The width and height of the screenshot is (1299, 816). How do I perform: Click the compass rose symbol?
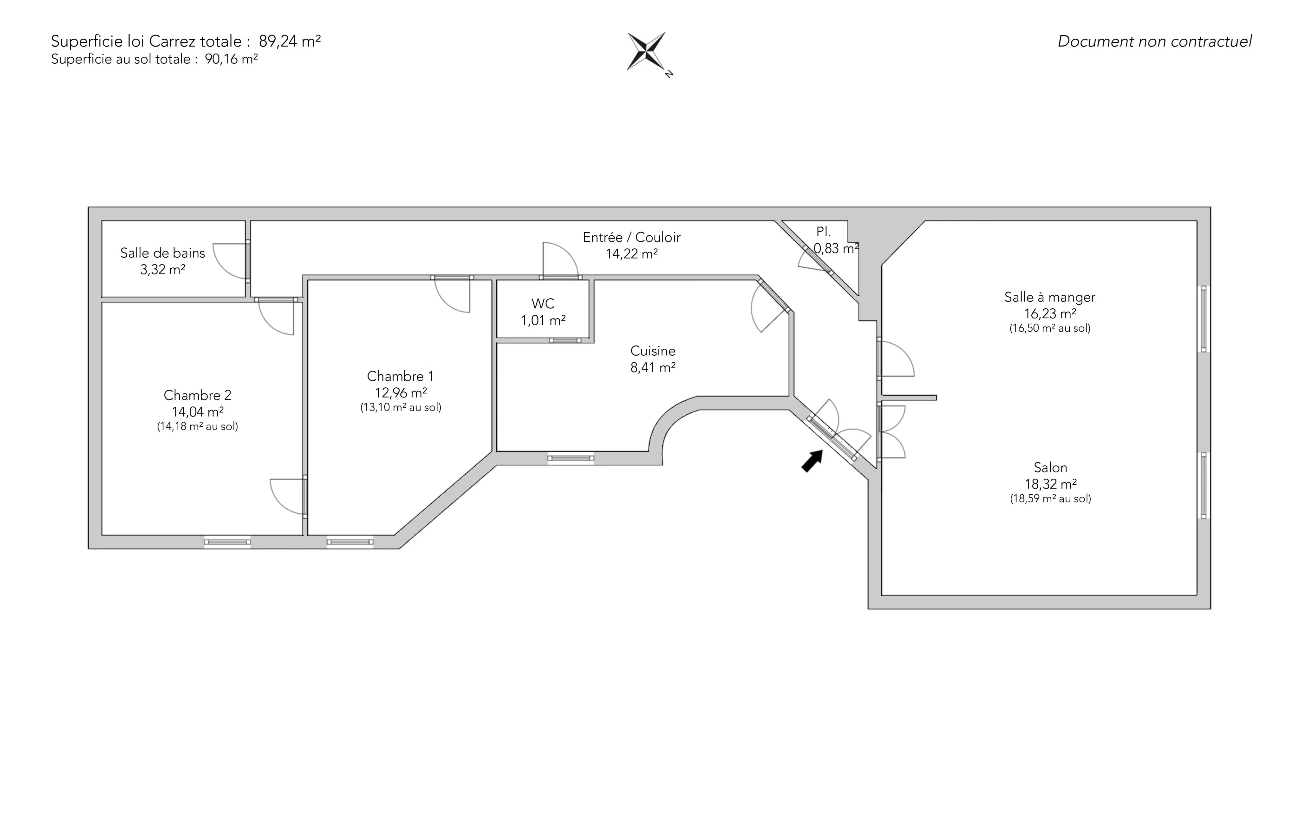pos(646,52)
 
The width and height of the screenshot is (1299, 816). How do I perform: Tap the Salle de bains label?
pos(162,253)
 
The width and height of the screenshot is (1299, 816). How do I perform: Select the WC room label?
pos(543,304)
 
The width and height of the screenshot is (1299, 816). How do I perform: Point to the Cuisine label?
pos(653,351)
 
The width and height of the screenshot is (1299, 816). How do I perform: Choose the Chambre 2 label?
pos(198,395)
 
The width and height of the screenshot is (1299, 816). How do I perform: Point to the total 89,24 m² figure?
pos(290,41)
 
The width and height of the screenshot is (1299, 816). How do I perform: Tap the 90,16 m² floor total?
pos(231,59)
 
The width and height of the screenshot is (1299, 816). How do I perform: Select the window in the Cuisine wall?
pos(571,458)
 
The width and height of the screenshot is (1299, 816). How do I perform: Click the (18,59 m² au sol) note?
pos(1050,499)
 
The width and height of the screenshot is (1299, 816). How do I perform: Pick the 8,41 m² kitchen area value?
pos(653,367)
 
